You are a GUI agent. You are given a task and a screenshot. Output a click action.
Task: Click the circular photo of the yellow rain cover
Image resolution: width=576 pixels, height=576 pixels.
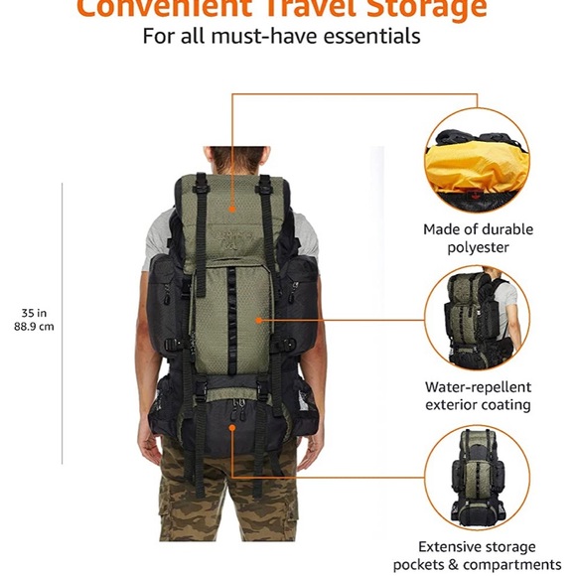(x=478, y=160)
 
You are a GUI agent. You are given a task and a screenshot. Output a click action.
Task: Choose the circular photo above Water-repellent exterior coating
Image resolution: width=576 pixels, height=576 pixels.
(x=478, y=319)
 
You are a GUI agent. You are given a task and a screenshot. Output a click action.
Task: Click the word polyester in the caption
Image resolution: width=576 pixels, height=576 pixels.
(x=478, y=247)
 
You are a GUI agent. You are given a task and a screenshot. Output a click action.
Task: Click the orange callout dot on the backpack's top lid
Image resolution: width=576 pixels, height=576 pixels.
(x=231, y=210)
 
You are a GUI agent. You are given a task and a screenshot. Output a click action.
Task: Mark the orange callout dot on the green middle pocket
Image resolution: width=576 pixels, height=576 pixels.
(x=260, y=320)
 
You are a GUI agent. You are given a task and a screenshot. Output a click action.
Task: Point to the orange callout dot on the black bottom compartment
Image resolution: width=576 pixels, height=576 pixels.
(x=231, y=427)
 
